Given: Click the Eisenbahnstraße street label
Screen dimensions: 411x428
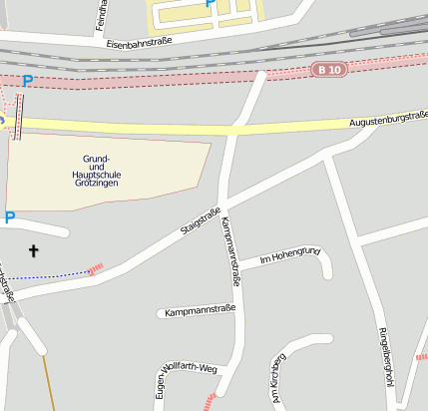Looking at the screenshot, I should point(139,44).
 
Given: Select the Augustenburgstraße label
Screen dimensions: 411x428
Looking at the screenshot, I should point(388,120).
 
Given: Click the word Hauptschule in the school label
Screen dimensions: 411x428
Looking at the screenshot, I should point(97,175).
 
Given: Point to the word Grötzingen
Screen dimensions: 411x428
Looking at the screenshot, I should point(97,184).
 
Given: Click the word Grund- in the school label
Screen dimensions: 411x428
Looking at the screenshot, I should point(97,160).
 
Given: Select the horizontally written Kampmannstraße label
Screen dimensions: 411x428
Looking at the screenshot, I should point(200,310).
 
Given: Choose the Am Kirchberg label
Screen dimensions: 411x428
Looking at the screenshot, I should point(277,373).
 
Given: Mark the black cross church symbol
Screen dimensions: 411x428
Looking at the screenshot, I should point(33,250).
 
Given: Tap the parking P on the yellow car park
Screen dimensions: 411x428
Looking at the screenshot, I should point(210,4).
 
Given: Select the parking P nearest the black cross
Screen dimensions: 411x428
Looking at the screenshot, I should point(10,217).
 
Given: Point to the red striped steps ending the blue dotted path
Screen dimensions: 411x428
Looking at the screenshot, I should point(96,268).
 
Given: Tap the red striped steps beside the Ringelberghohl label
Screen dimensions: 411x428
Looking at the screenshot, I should point(421,356).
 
